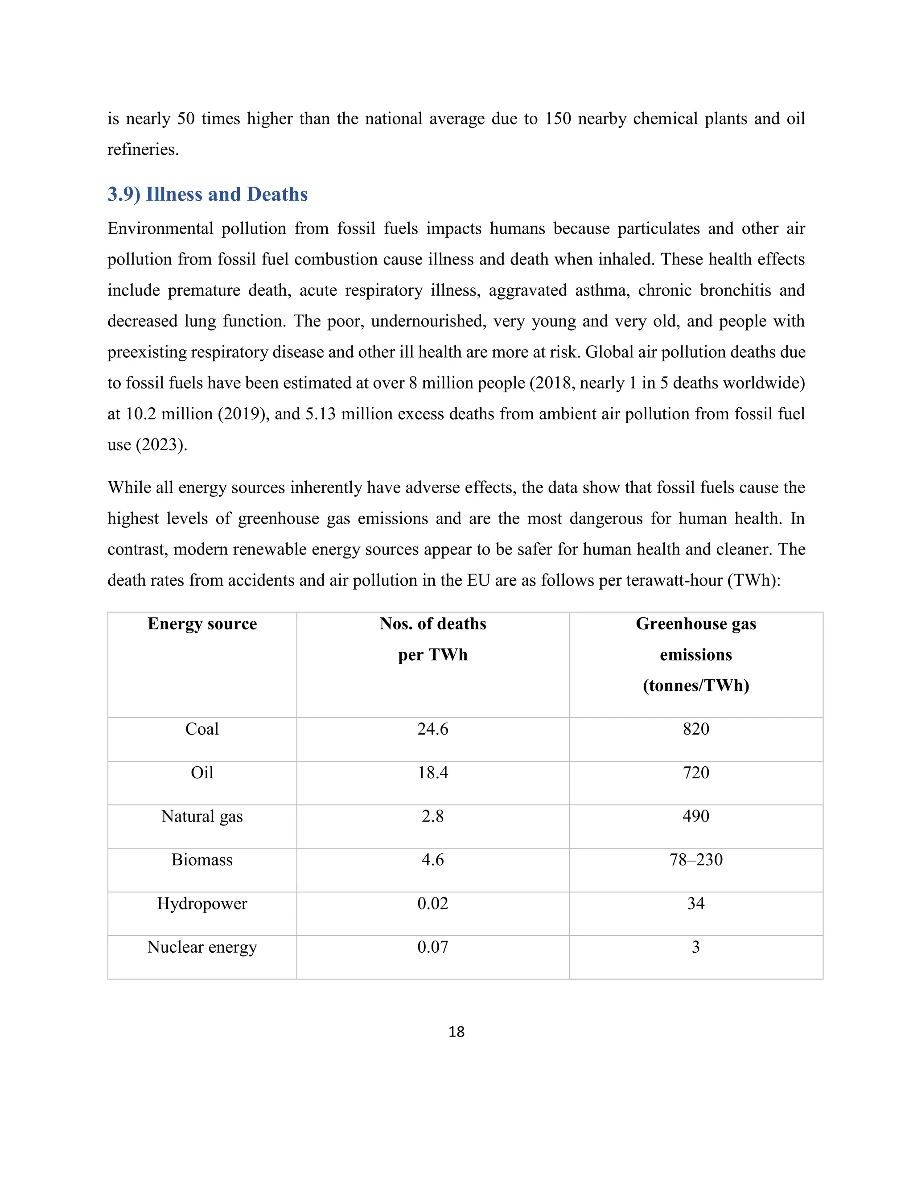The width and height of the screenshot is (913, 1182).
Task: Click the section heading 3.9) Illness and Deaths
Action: pyautogui.click(x=207, y=194)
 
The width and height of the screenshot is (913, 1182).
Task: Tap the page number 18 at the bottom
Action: pyautogui.click(x=456, y=1032)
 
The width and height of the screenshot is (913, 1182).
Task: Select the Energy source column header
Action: pyautogui.click(x=202, y=624)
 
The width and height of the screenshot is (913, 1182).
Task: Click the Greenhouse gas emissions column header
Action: pyautogui.click(x=695, y=654)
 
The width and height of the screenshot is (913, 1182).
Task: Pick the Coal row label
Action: pyautogui.click(x=202, y=729)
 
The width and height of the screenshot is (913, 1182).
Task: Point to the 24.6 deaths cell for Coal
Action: pyautogui.click(x=433, y=729)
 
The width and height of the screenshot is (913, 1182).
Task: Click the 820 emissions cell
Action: pyautogui.click(x=695, y=729)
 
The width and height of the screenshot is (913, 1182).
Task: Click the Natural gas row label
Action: pyautogui.click(x=202, y=817)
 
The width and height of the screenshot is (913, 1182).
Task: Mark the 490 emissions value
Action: pyautogui.click(x=695, y=816)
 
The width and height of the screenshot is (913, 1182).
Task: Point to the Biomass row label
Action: pyautogui.click(x=202, y=860)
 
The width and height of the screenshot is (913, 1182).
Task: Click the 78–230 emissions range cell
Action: pyautogui.click(x=695, y=860)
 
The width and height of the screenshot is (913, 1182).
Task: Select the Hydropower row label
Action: pyautogui.click(x=202, y=904)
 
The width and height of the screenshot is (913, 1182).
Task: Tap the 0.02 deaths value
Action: pyautogui.click(x=433, y=904)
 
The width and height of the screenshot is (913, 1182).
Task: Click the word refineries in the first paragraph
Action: pyautogui.click(x=142, y=149)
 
